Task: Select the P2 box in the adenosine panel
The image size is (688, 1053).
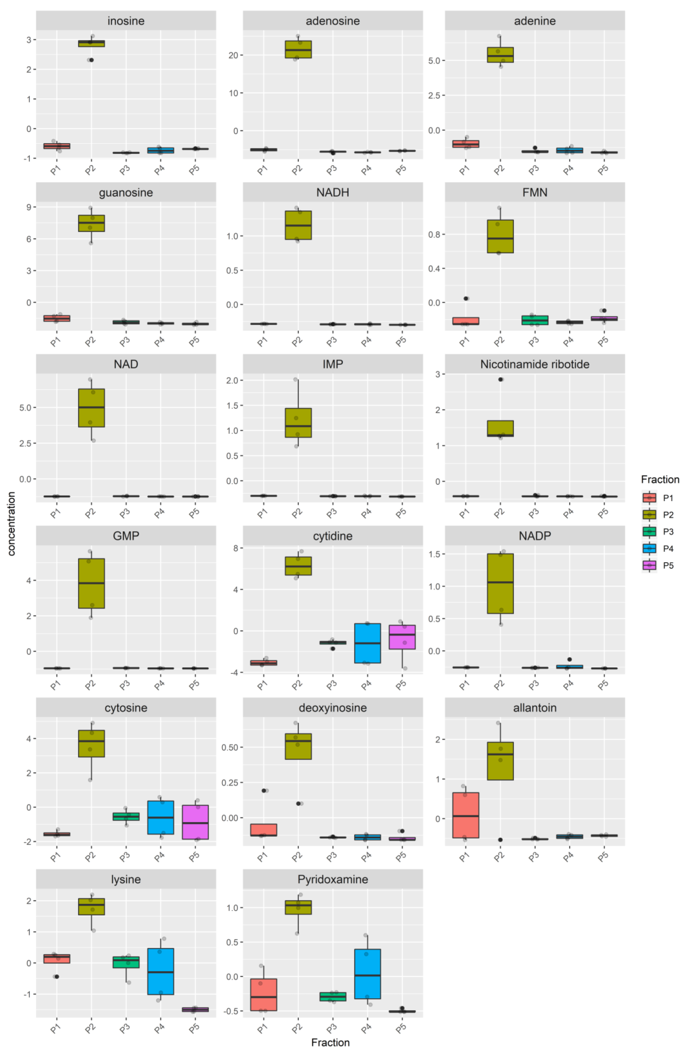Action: coord(298,49)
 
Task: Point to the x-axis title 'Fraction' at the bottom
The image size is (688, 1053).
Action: coord(330,1042)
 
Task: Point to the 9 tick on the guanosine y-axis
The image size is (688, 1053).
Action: coord(29,207)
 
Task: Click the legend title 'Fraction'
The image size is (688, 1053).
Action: coord(660,480)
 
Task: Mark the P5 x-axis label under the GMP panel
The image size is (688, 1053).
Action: coord(194,685)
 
